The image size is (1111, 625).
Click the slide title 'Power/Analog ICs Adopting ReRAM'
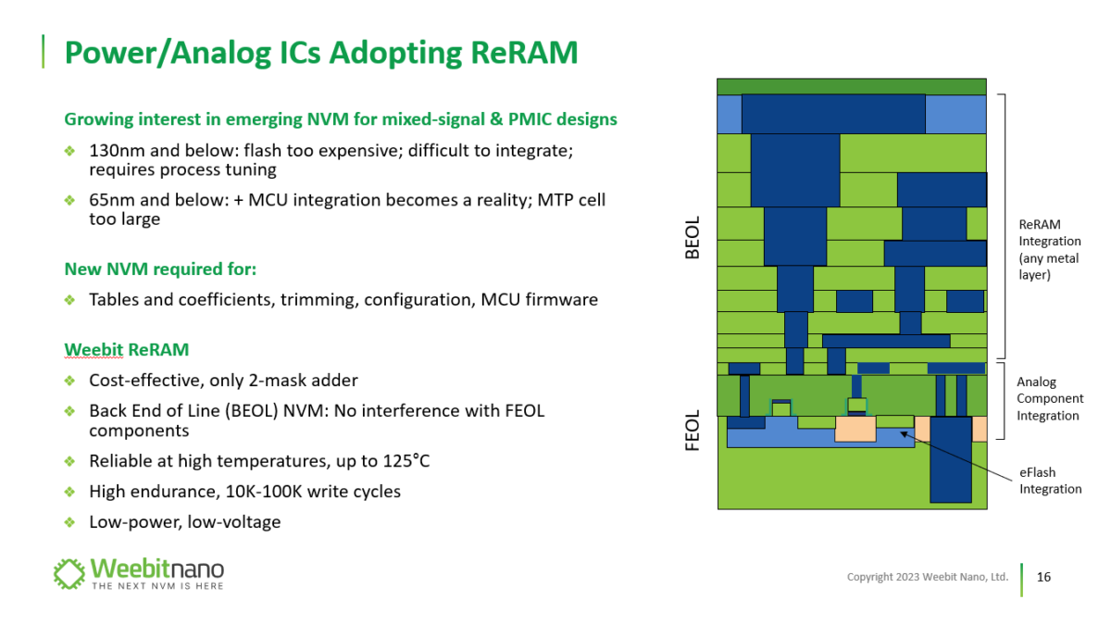tap(320, 53)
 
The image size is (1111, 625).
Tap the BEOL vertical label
tap(693, 238)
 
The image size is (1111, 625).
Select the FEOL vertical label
tap(693, 432)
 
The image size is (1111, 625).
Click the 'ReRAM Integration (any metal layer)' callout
tap(1050, 249)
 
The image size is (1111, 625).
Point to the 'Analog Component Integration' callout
tap(1049, 399)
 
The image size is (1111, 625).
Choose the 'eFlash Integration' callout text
tap(1050, 481)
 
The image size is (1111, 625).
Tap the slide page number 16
tap(1043, 577)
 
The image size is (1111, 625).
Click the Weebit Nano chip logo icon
tap(69, 574)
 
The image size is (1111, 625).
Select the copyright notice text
tap(927, 577)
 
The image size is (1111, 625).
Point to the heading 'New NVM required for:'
tap(159, 269)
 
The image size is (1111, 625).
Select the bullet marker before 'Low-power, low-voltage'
tap(69, 522)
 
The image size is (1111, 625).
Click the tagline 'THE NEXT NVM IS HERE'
tap(156, 586)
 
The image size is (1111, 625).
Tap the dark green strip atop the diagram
tap(851, 86)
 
